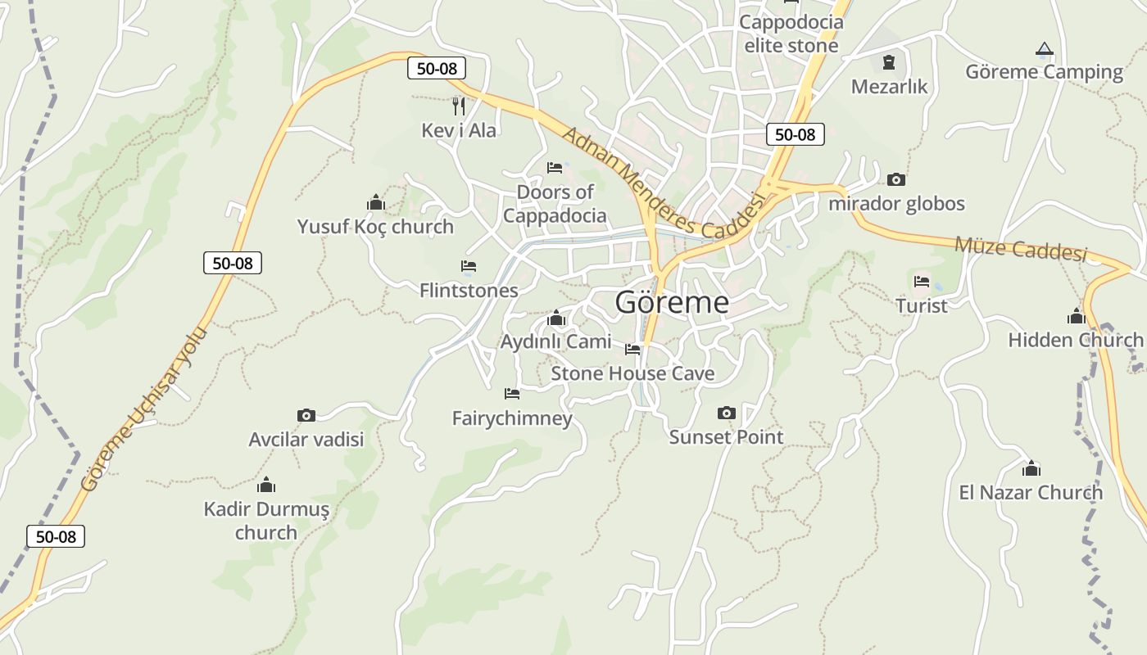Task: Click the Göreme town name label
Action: (671, 302)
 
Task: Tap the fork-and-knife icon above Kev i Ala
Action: (459, 106)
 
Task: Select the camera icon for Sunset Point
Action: (726, 413)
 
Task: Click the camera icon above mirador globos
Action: (896, 179)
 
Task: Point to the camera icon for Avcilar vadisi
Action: (306, 415)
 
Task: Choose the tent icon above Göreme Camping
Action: (1044, 49)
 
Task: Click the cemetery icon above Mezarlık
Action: (889, 62)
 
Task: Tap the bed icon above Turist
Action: (922, 282)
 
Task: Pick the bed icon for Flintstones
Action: (469, 266)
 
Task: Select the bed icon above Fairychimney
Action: (512, 394)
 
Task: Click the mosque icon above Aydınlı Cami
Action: (556, 318)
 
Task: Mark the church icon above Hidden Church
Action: (1076, 316)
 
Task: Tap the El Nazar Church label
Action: (1031, 492)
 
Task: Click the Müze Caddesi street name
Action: (1021, 248)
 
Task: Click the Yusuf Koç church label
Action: (375, 227)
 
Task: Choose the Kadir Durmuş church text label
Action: (266, 521)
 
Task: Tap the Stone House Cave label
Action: (632, 374)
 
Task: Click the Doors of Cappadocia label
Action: (555, 204)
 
